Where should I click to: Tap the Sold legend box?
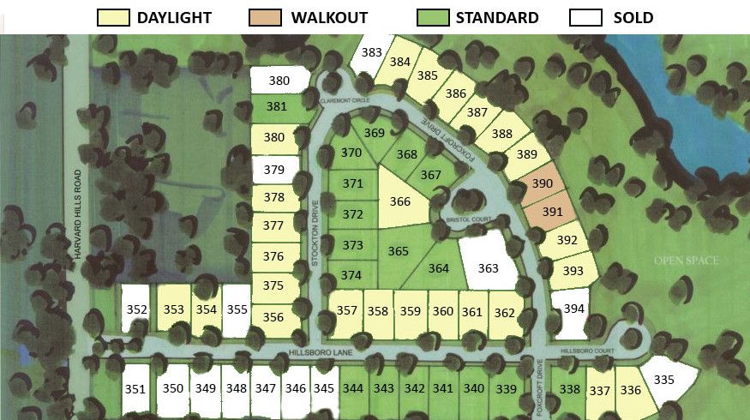click(x=587, y=17)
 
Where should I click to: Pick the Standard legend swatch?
click(x=433, y=17)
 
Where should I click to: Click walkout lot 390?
click(x=543, y=183)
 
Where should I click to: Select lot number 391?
click(x=553, y=211)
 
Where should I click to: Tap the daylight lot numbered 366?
click(x=399, y=202)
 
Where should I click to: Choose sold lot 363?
click(x=488, y=267)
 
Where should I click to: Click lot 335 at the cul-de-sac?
click(x=664, y=379)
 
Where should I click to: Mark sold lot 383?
click(x=371, y=53)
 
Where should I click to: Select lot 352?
click(x=136, y=309)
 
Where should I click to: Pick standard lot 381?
click(x=277, y=107)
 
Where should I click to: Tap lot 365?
click(x=399, y=251)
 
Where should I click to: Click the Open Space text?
click(x=685, y=261)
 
